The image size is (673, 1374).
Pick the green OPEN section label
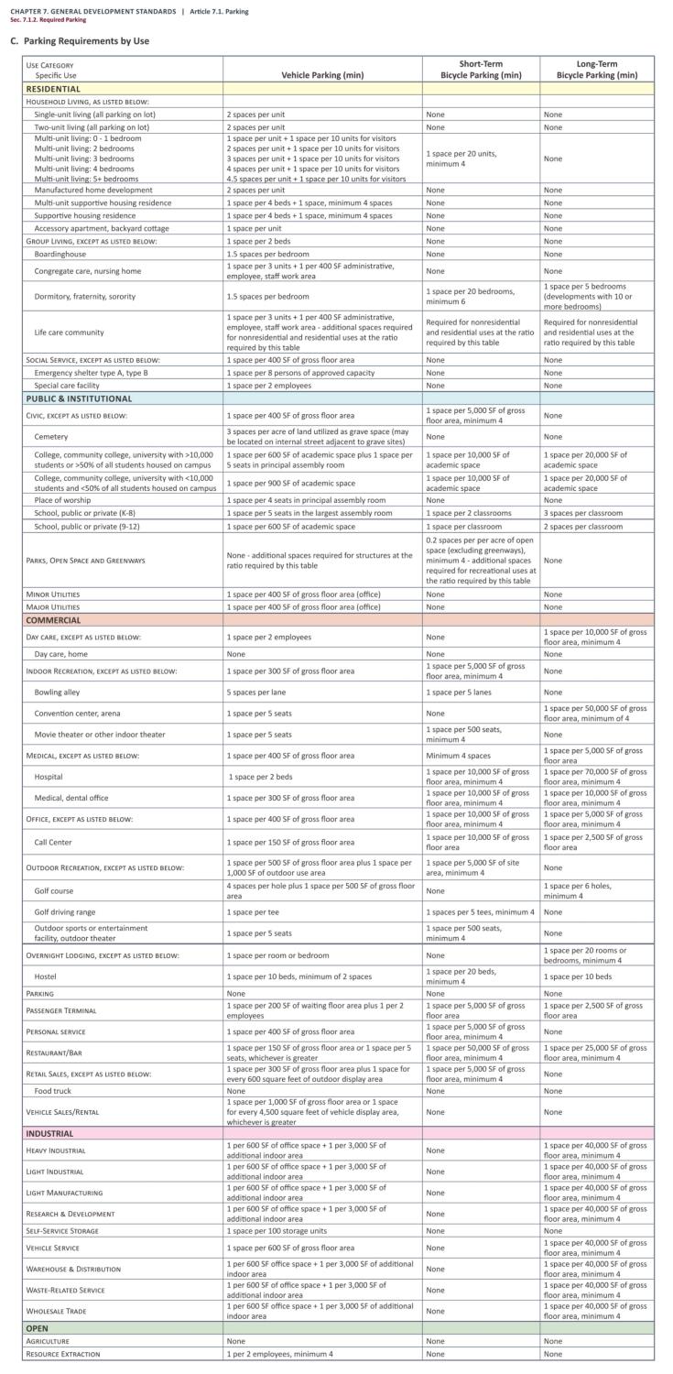click(x=38, y=1327)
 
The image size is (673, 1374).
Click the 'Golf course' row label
click(x=55, y=889)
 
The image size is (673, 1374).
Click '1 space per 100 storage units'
click(x=277, y=1230)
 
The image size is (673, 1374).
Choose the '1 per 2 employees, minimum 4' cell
click(x=280, y=1353)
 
